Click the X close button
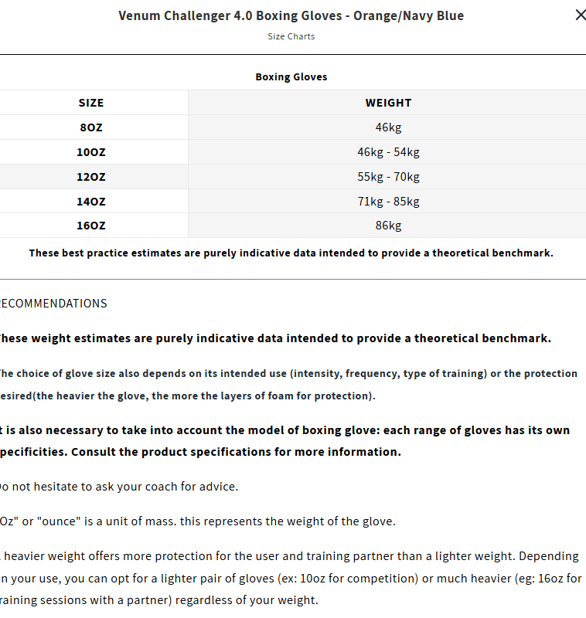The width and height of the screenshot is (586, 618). click(580, 15)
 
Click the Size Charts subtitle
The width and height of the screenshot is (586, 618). click(291, 36)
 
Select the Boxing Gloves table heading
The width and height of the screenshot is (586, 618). click(291, 77)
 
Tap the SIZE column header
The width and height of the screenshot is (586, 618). click(91, 103)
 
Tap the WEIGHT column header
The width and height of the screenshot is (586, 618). click(388, 103)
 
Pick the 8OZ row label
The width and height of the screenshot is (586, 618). click(91, 127)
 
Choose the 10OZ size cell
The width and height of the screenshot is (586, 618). click(91, 152)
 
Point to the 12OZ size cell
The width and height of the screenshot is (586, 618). click(91, 177)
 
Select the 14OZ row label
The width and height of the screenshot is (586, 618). click(91, 202)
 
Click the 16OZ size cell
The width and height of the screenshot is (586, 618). click(91, 226)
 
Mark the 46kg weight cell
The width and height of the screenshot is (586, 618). click(388, 127)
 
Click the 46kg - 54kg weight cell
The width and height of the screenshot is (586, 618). click(388, 152)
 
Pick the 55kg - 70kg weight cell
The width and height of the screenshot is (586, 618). click(388, 177)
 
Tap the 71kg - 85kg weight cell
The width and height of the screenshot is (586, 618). click(388, 202)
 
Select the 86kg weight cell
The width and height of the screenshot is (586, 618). click(388, 226)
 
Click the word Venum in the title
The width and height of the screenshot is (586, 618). click(138, 15)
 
